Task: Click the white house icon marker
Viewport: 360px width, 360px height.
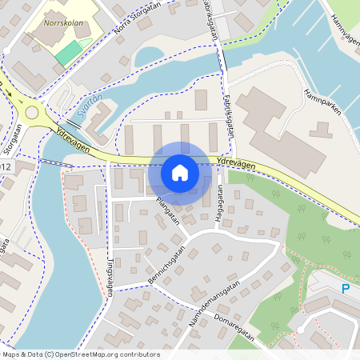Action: point(179,172)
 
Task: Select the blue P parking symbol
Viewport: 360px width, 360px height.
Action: point(346,288)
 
